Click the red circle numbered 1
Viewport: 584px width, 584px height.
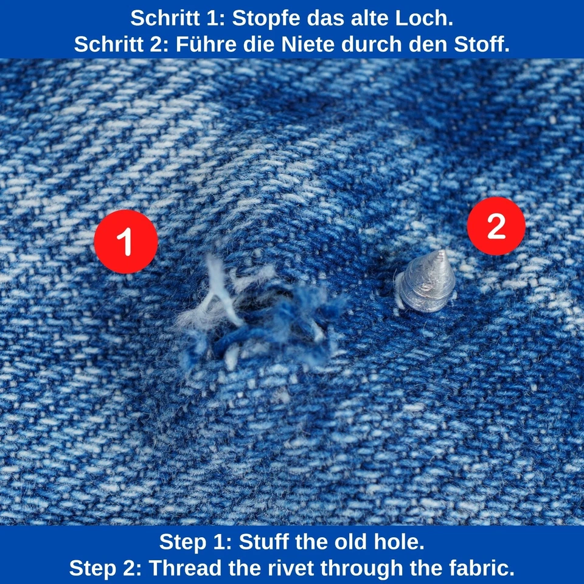coord(126,242)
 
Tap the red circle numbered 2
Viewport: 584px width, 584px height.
coord(496,226)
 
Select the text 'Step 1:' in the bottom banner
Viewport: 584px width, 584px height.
coord(195,541)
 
